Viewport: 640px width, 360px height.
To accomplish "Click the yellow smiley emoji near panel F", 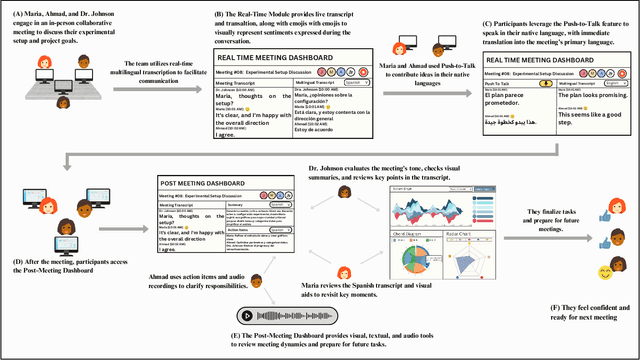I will click(x=606, y=273).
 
